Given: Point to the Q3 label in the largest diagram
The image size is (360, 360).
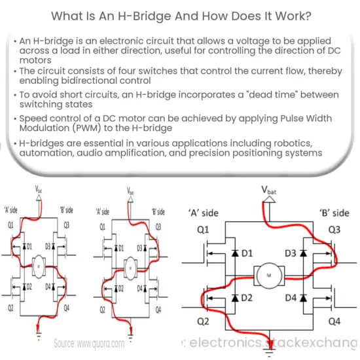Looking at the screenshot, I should pos(334,229).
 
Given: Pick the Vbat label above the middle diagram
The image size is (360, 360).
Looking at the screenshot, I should pos(130,192).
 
